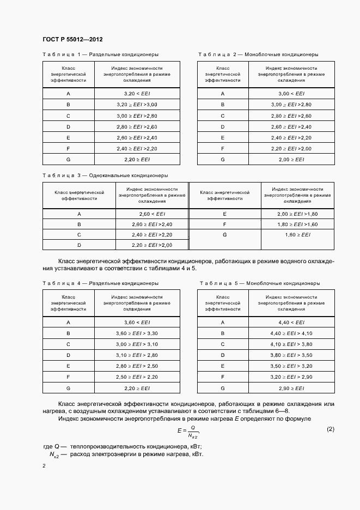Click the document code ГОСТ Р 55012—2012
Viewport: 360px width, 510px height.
click(72, 39)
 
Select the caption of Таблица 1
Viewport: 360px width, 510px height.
click(100, 54)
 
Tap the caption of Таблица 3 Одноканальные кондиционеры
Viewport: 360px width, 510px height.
click(105, 175)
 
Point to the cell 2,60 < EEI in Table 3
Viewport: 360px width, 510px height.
click(151, 214)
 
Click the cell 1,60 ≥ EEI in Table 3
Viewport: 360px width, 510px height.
click(297, 234)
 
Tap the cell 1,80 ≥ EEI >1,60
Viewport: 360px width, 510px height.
click(297, 224)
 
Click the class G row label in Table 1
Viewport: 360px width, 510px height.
click(69, 160)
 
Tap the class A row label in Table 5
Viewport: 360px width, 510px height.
click(223, 323)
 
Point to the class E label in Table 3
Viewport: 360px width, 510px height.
click(224, 214)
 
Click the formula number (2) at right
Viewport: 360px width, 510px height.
click(330, 429)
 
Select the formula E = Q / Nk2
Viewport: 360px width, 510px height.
click(187, 433)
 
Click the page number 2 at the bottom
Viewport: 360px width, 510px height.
click(44, 466)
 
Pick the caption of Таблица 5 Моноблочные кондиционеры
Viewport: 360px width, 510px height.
click(259, 283)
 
